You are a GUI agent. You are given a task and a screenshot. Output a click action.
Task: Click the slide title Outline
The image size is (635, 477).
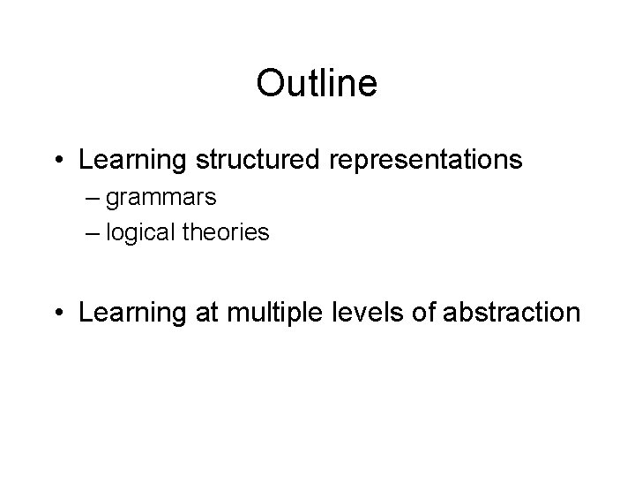pyautogui.click(x=317, y=84)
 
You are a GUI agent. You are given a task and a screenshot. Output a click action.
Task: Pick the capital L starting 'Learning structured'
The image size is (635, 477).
pyautogui.click(x=85, y=161)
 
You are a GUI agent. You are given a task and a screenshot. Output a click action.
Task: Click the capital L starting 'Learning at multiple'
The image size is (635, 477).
pyautogui.click(x=85, y=313)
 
